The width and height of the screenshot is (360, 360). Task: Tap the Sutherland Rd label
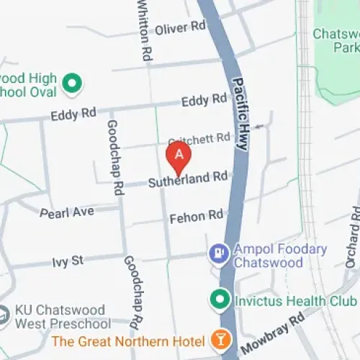[x=188, y=179]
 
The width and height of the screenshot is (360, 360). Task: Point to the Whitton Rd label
[x=145, y=29]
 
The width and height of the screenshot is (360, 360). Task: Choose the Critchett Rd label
[x=199, y=137]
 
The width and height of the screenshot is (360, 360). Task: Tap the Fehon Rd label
[x=196, y=216]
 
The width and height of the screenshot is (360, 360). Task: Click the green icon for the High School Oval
[x=71, y=85]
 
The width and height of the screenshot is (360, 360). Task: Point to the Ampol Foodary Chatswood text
[x=280, y=256]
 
